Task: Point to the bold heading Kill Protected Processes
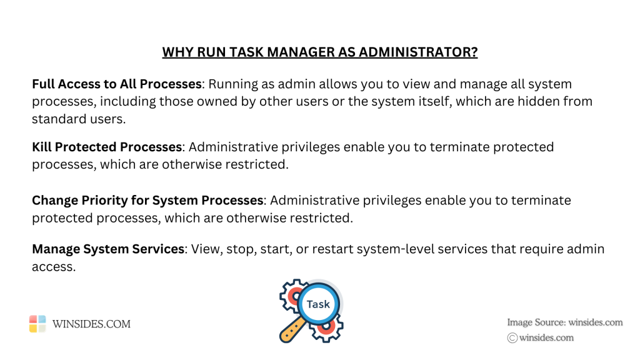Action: [106, 147]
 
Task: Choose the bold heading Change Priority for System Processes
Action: [147, 201]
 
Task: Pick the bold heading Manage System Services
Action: [108, 249]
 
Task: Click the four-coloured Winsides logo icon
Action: [37, 323]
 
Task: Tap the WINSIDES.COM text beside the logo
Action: [91, 324]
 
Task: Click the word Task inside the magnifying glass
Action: [318, 304]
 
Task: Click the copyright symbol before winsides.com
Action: [512, 337]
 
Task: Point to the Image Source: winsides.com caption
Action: [565, 322]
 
